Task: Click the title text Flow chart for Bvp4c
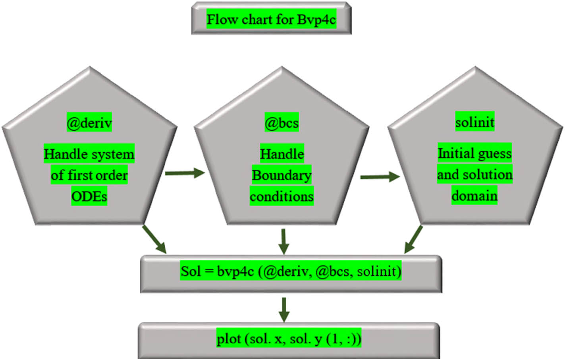click(271, 19)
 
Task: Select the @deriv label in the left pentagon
click(89, 123)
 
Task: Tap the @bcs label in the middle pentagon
click(282, 123)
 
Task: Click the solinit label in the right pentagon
click(474, 122)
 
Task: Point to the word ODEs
click(89, 196)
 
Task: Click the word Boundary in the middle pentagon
click(282, 175)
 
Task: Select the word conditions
click(282, 196)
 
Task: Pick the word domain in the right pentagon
click(474, 195)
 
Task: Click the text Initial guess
click(474, 153)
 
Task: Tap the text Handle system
click(89, 154)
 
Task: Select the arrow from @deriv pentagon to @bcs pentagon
click(185, 173)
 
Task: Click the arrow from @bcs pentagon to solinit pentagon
click(380, 177)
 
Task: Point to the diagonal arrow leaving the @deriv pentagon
click(154, 239)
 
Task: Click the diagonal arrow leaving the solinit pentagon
click(413, 239)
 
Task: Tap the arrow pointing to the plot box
click(283, 310)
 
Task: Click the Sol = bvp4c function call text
click(291, 271)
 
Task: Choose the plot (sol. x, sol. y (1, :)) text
click(289, 339)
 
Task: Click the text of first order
click(89, 175)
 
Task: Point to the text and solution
click(474, 174)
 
